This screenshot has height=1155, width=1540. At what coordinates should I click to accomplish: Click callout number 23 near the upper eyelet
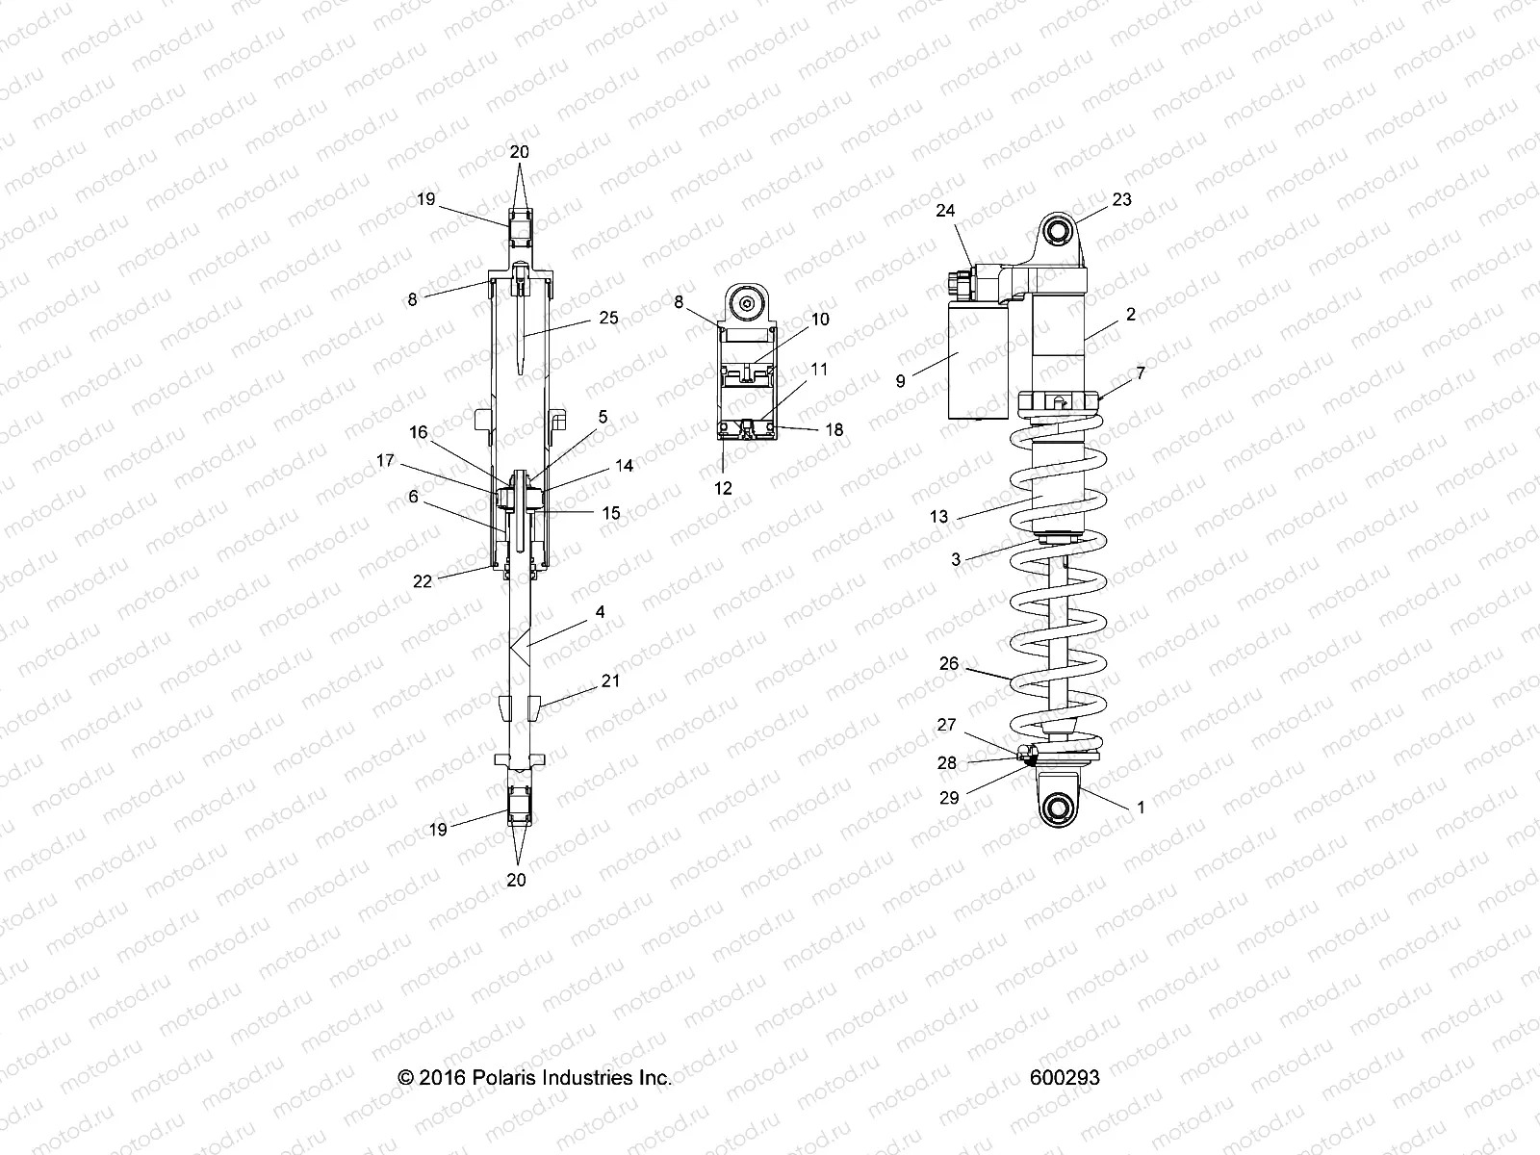1121,200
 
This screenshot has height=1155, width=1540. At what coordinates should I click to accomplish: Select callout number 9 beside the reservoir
901,381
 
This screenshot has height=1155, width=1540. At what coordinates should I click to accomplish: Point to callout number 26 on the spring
949,663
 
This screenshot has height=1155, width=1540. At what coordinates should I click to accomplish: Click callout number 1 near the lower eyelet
1142,808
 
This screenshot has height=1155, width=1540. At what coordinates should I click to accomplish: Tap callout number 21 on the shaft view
610,681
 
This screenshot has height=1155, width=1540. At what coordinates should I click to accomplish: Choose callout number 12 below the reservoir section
724,488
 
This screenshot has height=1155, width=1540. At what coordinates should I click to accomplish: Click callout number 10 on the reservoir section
820,320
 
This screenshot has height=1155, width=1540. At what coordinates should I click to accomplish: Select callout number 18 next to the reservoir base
834,429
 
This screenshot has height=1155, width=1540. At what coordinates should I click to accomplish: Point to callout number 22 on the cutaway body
423,581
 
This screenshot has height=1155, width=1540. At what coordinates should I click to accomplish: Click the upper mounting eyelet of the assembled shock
1058,232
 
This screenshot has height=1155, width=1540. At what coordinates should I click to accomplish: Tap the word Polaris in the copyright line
511,1078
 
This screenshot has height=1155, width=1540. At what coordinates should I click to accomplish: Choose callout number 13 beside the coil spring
939,517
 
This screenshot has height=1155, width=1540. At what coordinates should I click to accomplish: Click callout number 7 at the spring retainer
1141,373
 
